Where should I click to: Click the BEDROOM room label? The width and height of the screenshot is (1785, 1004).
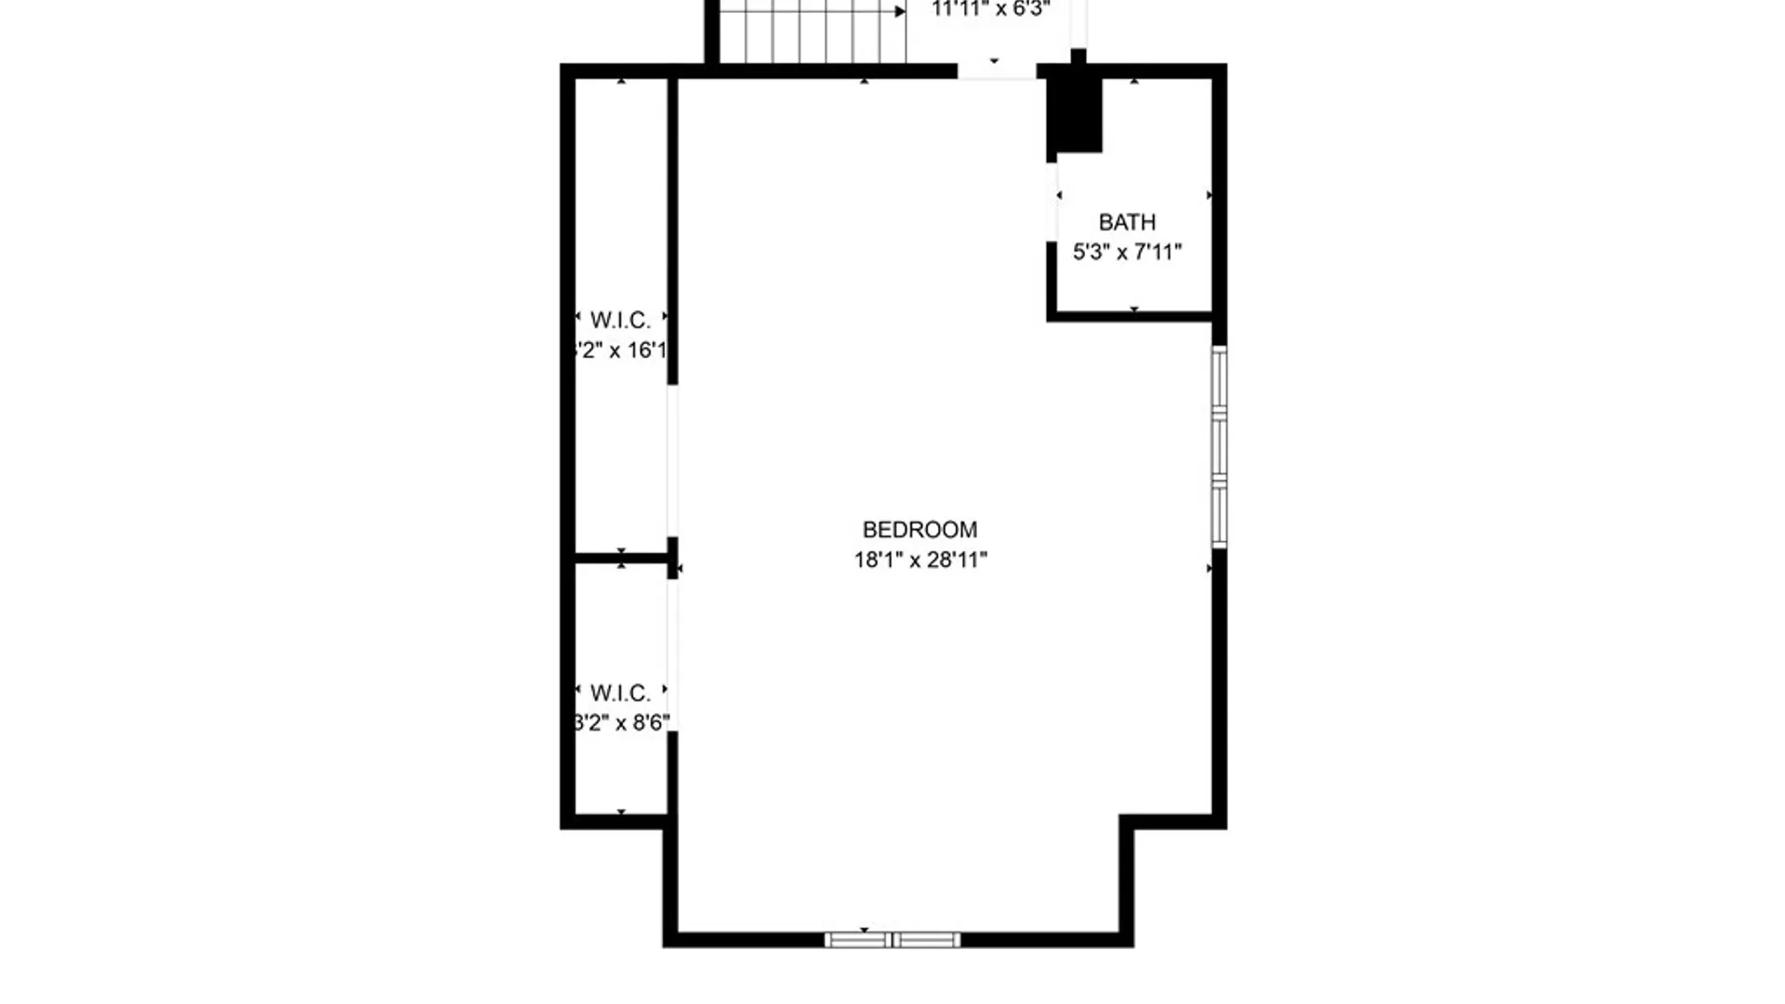tap(919, 530)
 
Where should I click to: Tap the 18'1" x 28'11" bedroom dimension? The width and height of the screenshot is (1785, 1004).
tap(920, 560)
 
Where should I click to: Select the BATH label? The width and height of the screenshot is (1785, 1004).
tap(1127, 222)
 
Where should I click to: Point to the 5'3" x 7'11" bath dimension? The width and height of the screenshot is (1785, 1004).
tap(1127, 252)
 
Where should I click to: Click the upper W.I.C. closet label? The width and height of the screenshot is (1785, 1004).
tap(620, 321)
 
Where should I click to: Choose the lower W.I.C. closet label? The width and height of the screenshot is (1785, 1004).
tap(620, 694)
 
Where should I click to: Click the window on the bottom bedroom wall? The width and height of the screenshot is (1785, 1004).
tap(892, 940)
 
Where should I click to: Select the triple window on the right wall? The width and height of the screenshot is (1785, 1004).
tap(1219, 446)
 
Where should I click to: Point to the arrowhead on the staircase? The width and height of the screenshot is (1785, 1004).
tap(900, 12)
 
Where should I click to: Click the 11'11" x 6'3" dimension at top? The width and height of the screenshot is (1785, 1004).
tap(991, 10)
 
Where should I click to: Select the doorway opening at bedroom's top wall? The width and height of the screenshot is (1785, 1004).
tap(997, 71)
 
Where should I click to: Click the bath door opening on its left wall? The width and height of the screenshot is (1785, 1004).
tap(1052, 202)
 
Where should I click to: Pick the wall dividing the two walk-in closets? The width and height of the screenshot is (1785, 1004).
tap(620, 558)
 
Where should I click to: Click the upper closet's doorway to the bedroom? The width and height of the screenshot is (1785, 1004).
tap(672, 460)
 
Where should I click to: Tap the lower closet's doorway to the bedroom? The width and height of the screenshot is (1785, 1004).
tap(672, 655)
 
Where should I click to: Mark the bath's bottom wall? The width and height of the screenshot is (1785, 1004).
tap(1130, 317)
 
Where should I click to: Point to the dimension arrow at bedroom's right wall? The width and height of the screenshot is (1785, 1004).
tap(1210, 568)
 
